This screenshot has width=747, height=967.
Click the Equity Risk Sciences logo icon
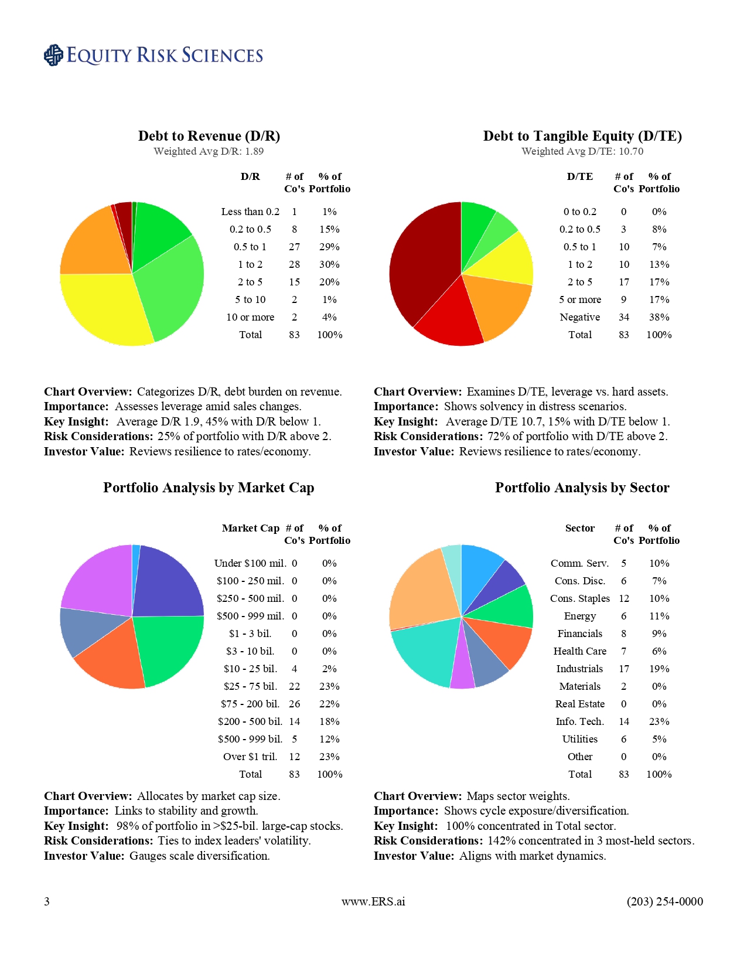click(x=53, y=55)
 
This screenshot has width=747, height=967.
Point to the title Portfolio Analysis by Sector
click(x=582, y=488)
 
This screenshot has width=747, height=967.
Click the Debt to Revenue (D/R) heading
click(x=209, y=136)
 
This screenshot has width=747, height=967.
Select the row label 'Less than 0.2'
click(x=250, y=212)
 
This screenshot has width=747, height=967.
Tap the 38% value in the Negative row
click(x=659, y=317)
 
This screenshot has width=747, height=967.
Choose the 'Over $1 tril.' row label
click(x=250, y=757)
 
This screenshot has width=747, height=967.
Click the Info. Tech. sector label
click(x=579, y=721)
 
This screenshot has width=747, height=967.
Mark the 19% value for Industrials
click(x=659, y=669)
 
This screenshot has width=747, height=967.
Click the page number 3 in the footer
click(x=47, y=901)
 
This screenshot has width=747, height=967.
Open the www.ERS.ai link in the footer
click(x=373, y=901)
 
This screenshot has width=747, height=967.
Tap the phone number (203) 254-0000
click(x=664, y=901)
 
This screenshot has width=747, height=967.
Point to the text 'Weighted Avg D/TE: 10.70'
click(x=582, y=151)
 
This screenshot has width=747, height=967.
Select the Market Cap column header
click(x=250, y=528)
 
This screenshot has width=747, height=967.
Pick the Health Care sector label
click(x=579, y=651)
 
